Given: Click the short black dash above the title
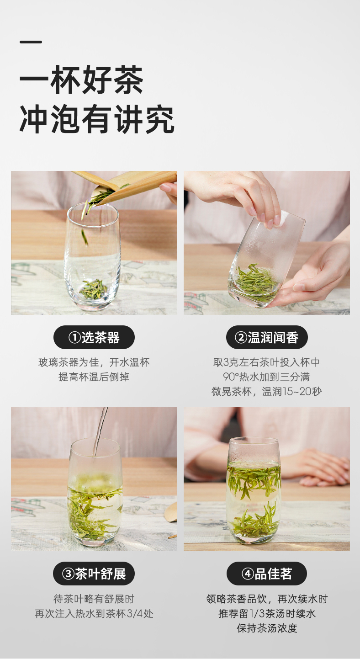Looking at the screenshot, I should [x=31, y=42].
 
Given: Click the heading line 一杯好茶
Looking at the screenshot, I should [x=81, y=81].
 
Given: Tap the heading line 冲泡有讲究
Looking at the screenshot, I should [x=97, y=120].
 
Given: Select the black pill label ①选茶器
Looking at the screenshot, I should [x=94, y=338].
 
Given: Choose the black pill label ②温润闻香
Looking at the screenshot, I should [x=267, y=338].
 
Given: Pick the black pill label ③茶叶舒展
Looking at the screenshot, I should [x=94, y=574].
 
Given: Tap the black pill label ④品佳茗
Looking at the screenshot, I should [x=267, y=574].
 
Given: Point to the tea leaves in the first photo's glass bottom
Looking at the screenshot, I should [x=93, y=289].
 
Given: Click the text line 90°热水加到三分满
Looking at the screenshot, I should [x=267, y=377].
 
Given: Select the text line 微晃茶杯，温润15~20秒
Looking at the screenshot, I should [x=267, y=392].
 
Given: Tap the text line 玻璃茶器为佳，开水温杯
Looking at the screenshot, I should [x=94, y=362].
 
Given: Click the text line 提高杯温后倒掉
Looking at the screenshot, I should [x=94, y=377].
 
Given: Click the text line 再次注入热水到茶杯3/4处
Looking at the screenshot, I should [x=94, y=613].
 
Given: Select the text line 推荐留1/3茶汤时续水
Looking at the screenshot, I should [x=267, y=613].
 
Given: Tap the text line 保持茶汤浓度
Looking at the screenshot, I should [x=267, y=628].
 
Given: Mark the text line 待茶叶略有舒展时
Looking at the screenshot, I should [x=94, y=599].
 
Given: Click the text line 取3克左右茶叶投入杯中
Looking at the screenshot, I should [x=267, y=362].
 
